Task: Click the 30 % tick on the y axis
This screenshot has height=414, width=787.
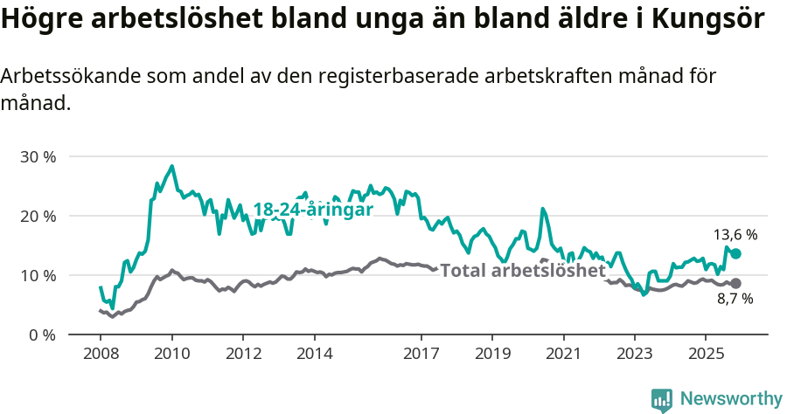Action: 38,157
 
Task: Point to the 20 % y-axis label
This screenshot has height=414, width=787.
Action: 38,216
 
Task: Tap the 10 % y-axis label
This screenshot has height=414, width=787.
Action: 38,275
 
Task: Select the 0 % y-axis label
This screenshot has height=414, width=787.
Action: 42,335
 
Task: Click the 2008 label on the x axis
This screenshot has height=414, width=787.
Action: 100,355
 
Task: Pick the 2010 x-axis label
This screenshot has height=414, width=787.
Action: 171,355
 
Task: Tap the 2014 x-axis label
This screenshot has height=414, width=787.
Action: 314,355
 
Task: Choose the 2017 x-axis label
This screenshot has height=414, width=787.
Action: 421,355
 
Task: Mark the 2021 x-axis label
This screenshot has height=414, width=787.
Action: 563,355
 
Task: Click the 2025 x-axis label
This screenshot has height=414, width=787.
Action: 706,355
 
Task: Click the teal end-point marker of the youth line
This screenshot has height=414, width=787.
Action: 735,253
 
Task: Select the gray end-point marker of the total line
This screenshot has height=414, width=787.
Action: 735,283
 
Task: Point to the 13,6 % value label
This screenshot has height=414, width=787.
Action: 735,235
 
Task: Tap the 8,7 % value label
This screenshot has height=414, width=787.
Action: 735,300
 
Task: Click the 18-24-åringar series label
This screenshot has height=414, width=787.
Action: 313,210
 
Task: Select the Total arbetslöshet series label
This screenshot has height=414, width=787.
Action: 522,271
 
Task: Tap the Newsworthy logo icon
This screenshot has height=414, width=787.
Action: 662,400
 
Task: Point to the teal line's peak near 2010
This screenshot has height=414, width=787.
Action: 171,166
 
